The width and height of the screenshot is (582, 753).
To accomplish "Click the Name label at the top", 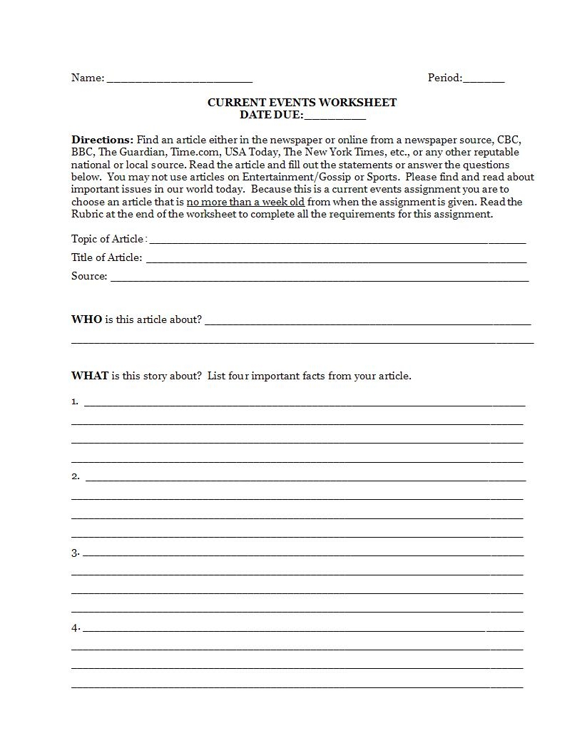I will point(87,78).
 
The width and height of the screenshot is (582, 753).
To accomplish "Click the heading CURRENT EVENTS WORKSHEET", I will point(302,102).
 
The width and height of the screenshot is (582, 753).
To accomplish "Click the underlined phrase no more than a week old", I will point(245,202).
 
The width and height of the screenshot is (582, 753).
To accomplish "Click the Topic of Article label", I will point(108,239).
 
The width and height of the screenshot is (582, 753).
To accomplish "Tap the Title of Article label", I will point(106,257).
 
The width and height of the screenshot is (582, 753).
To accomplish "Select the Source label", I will point(89,276).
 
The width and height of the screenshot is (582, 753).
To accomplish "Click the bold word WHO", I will point(86,319).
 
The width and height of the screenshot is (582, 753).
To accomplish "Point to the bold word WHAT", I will point(90,376).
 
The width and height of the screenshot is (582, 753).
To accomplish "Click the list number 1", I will point(74,401).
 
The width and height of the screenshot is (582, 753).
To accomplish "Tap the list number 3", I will point(75,553).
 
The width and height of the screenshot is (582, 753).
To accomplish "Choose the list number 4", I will point(75,628).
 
